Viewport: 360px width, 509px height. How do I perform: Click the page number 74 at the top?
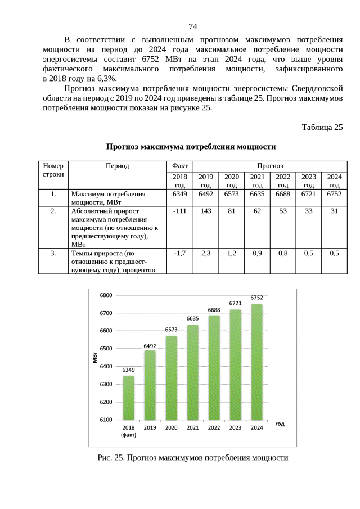(192, 26)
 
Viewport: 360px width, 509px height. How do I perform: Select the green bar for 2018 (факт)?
(129, 397)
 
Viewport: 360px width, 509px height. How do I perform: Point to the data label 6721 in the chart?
(235, 303)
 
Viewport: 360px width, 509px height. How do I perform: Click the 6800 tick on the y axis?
(106, 295)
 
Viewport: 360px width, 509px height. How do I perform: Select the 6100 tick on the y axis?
(106, 420)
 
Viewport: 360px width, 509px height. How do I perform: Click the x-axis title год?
(280, 424)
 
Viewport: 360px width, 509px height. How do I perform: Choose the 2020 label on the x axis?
(171, 428)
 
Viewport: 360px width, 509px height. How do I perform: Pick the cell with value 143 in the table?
(206, 211)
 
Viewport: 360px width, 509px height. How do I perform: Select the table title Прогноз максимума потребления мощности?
(191, 147)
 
